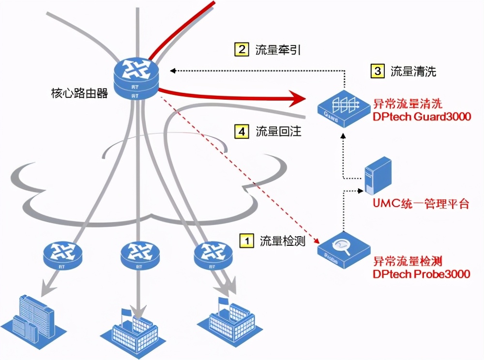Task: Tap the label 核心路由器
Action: [x=79, y=93]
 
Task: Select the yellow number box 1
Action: [x=247, y=240]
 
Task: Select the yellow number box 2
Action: [x=241, y=49]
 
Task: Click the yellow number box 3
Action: [x=377, y=72]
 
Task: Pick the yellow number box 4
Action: [x=242, y=131]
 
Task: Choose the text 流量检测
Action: [x=283, y=240]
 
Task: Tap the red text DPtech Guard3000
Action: [x=422, y=117]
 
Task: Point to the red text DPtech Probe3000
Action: [x=421, y=274]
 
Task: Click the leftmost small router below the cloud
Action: [x=62, y=254]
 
